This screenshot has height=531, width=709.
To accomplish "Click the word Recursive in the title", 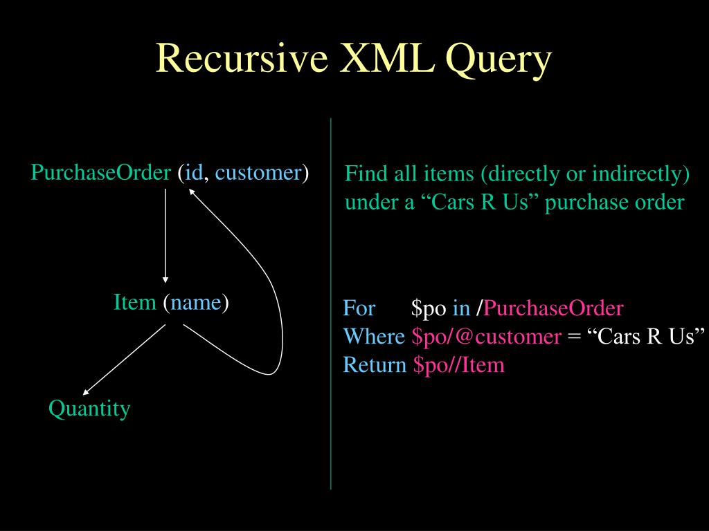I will pyautogui.click(x=242, y=58).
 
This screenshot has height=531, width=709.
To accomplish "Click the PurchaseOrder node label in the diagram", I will pyautogui.click(x=100, y=172).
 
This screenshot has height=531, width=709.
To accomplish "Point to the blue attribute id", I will pyautogui.click(x=193, y=172).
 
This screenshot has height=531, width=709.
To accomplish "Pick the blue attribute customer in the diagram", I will pyautogui.click(x=258, y=172).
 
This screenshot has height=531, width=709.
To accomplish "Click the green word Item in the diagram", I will pyautogui.click(x=134, y=302).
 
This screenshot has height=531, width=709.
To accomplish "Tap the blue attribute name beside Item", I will pyautogui.click(x=196, y=302).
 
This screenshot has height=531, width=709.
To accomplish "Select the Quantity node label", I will pyautogui.click(x=89, y=409).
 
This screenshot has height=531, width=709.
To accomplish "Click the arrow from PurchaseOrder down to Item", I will pyautogui.click(x=165, y=235).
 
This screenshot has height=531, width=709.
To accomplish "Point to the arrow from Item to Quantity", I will pyautogui.click(x=125, y=360).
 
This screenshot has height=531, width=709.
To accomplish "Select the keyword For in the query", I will pyautogui.click(x=359, y=308).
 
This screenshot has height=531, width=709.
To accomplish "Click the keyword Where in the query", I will pyautogui.click(x=374, y=337).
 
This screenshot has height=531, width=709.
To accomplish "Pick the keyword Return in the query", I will pyautogui.click(x=375, y=365).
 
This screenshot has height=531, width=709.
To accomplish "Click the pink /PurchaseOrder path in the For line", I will pyautogui.click(x=553, y=308).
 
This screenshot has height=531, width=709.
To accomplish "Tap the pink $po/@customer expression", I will pyautogui.click(x=486, y=337).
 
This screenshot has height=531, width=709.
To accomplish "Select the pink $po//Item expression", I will pyautogui.click(x=459, y=365).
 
